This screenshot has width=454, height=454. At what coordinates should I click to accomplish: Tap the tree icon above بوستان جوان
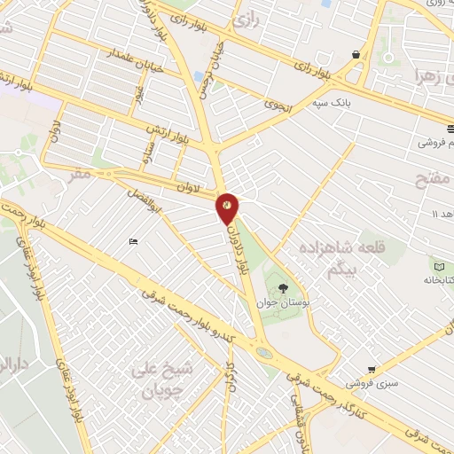point(283,288)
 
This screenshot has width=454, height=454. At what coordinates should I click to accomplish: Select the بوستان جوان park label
point(281,303)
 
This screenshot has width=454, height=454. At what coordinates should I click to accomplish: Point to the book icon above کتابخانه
point(439,265)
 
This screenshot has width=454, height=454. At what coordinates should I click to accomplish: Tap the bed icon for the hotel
point(132,242)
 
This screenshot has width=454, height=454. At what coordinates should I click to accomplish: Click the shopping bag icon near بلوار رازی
point(356,54)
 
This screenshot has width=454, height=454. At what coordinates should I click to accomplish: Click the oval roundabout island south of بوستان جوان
point(264,353)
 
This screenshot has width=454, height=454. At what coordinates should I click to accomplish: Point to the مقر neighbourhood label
point(81,176)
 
